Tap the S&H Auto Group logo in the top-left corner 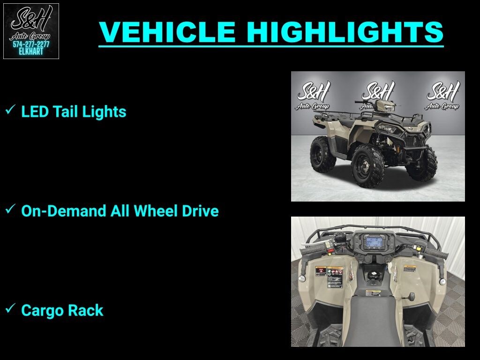coord(31,31)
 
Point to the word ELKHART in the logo coord(31,52)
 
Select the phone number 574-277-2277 coord(31,45)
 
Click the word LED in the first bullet coord(35,112)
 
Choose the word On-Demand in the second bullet coord(63,211)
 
